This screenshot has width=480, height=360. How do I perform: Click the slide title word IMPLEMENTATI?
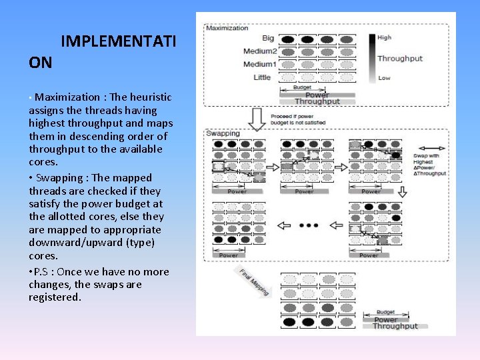point(118,42)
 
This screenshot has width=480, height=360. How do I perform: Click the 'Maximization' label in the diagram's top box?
point(227,28)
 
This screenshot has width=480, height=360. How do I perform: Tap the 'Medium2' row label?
point(259,51)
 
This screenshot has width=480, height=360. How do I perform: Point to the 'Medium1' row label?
point(259,64)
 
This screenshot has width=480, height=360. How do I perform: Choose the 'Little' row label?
point(262,77)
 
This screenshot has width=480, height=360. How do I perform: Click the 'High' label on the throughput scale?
point(385,38)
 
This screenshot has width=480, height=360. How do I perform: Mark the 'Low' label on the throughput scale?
point(384,78)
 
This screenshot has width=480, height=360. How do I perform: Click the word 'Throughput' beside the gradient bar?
point(400,58)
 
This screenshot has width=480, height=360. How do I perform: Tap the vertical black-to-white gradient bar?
point(371,57)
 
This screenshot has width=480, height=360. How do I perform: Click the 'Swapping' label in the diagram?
point(223,133)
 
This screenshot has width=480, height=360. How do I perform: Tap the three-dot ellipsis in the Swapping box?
point(309,225)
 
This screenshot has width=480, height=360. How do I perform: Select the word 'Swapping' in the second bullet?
point(59,178)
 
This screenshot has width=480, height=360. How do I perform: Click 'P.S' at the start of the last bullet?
point(42,272)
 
